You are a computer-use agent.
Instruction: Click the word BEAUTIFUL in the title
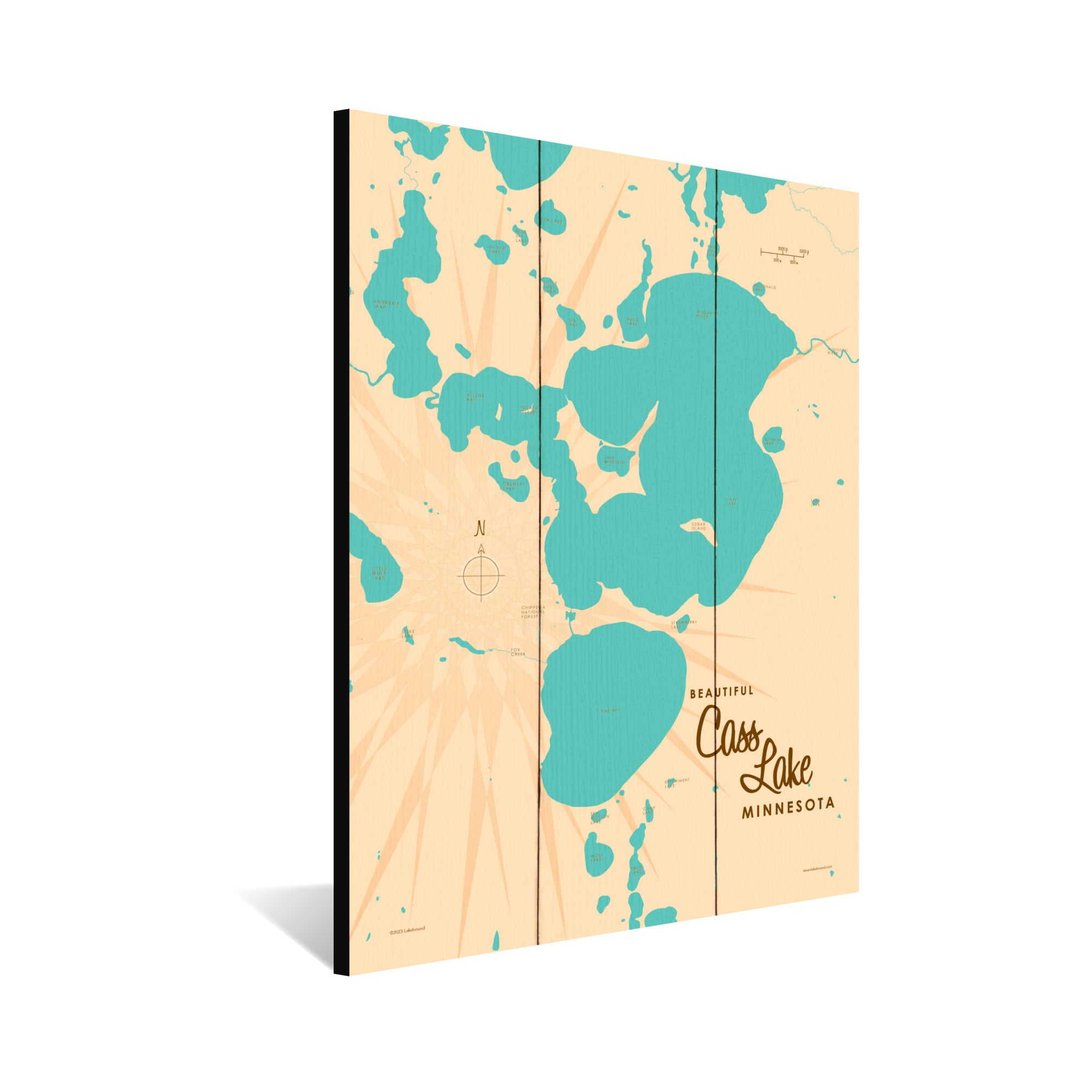[721, 692]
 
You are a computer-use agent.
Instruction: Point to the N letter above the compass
[480, 529]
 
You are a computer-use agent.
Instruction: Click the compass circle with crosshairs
[481, 576]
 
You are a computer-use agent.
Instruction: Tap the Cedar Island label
[699, 526]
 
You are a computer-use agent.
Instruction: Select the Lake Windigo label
[614, 460]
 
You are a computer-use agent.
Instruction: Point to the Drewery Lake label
[514, 486]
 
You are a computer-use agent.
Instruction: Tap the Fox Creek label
[518, 652]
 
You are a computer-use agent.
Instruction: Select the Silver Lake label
[497, 250]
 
